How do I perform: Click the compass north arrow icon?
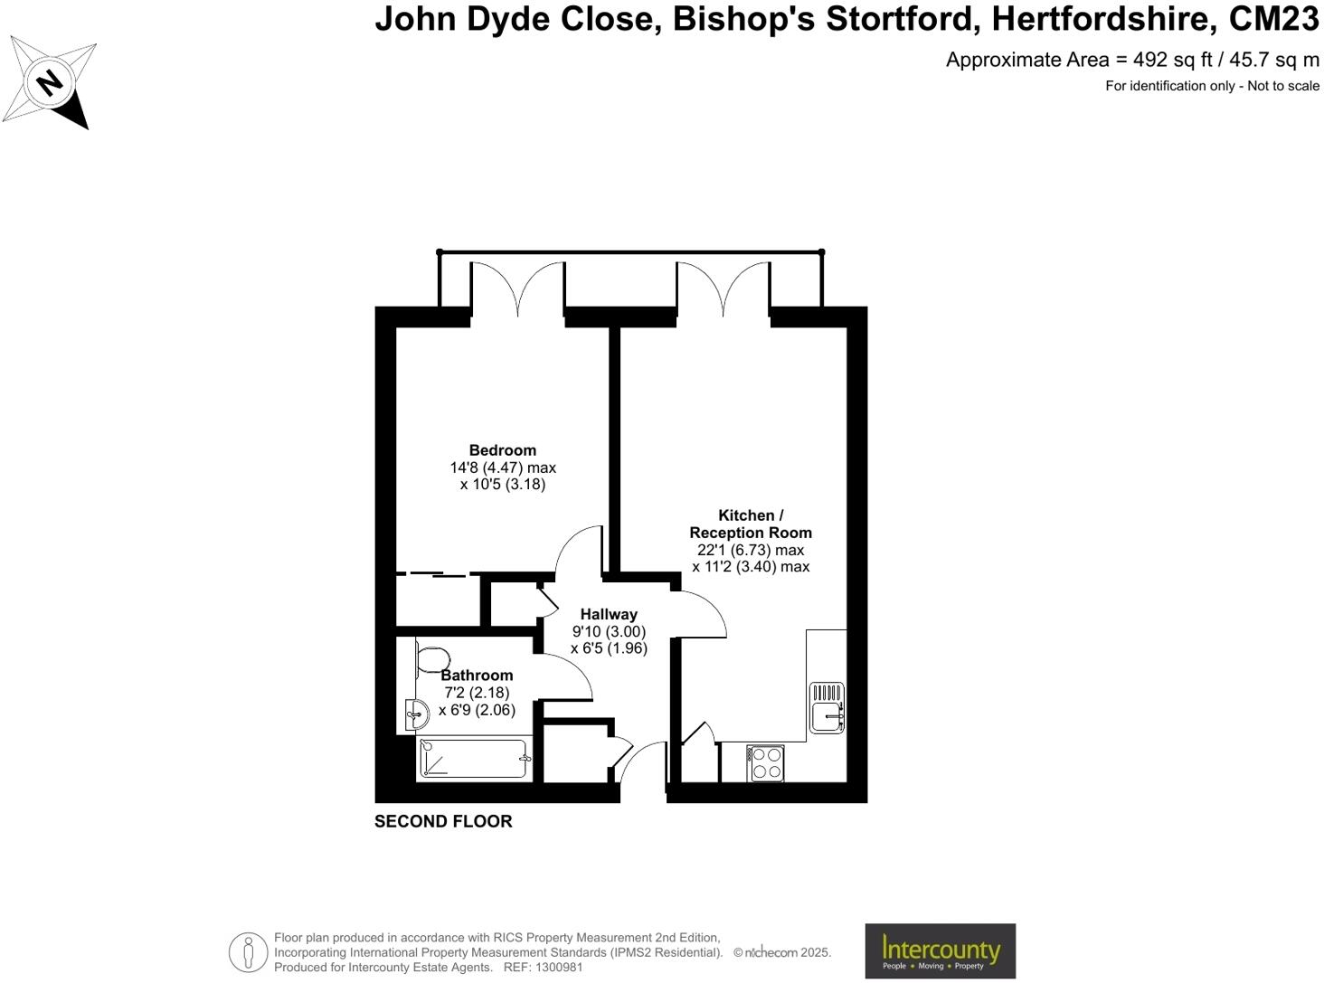tap(51, 83)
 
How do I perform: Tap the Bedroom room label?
tap(502, 450)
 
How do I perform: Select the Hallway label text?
tap(609, 614)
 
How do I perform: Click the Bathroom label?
tap(477, 676)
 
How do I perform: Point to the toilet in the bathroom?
tap(432, 659)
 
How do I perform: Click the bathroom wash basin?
tap(417, 715)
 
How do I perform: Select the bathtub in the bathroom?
tap(473, 759)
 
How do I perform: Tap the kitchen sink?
tap(827, 706)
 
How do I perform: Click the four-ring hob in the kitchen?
tap(766, 761)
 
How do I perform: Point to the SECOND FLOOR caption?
tap(443, 821)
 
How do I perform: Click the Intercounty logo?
tap(940, 950)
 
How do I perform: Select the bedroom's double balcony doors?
tap(517, 289)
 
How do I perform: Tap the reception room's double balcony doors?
tap(723, 289)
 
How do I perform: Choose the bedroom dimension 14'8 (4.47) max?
tap(503, 468)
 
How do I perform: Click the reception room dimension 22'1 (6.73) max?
tap(751, 550)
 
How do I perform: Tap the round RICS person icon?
tap(247, 952)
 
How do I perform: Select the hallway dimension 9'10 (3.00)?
tap(609, 631)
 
